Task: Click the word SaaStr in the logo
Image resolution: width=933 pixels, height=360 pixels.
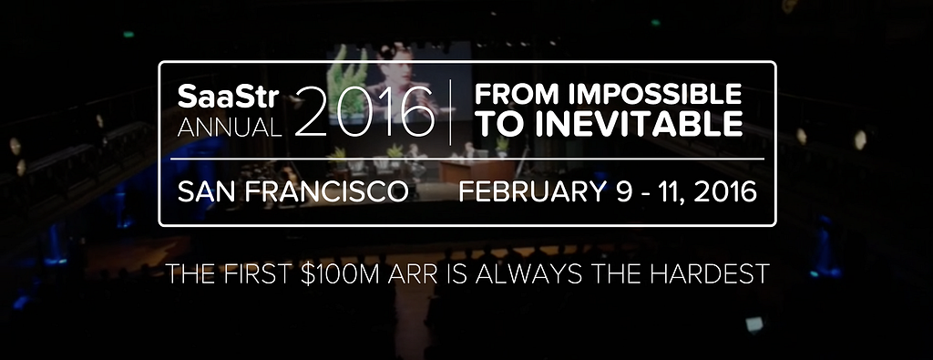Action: coord(229,97)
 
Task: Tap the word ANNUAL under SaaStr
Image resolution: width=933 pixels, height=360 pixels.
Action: coord(229,127)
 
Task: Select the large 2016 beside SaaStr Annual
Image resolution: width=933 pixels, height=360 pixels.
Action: coord(364,111)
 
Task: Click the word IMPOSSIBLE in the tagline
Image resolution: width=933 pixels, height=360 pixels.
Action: coord(654,95)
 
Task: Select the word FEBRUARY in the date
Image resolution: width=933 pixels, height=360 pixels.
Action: coord(532,192)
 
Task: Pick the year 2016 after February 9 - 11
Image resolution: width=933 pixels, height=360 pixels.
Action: coord(725,192)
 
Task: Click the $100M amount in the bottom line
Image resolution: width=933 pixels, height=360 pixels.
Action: coord(340,273)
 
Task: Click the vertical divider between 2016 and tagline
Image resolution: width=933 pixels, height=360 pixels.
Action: coord(450,111)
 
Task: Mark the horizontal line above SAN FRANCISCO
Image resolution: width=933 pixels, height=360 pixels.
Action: coord(467,159)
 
